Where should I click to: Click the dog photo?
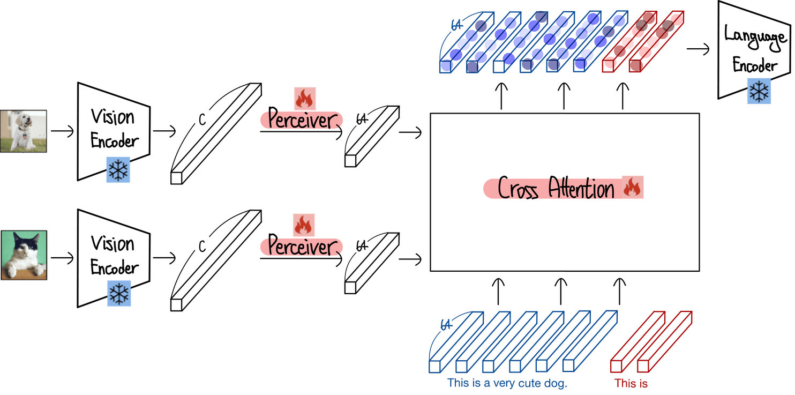tap(24, 131)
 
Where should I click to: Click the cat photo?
tap(24, 255)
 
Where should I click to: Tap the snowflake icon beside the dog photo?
tap(118, 170)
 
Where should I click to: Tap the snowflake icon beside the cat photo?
tap(119, 294)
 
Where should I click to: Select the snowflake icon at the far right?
tap(759, 91)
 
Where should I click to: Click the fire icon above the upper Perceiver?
tap(305, 99)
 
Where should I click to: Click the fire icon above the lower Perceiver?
tap(304, 225)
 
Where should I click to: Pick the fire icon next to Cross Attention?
tap(633, 188)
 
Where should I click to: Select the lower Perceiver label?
tap(302, 247)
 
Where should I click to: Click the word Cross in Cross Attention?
tap(518, 190)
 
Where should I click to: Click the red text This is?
tap(632, 384)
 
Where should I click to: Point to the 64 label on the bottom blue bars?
tap(444, 324)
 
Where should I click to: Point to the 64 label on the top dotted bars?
tap(457, 25)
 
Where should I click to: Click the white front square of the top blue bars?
tap(498, 66)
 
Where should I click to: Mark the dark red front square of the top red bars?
tap(636, 66)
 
